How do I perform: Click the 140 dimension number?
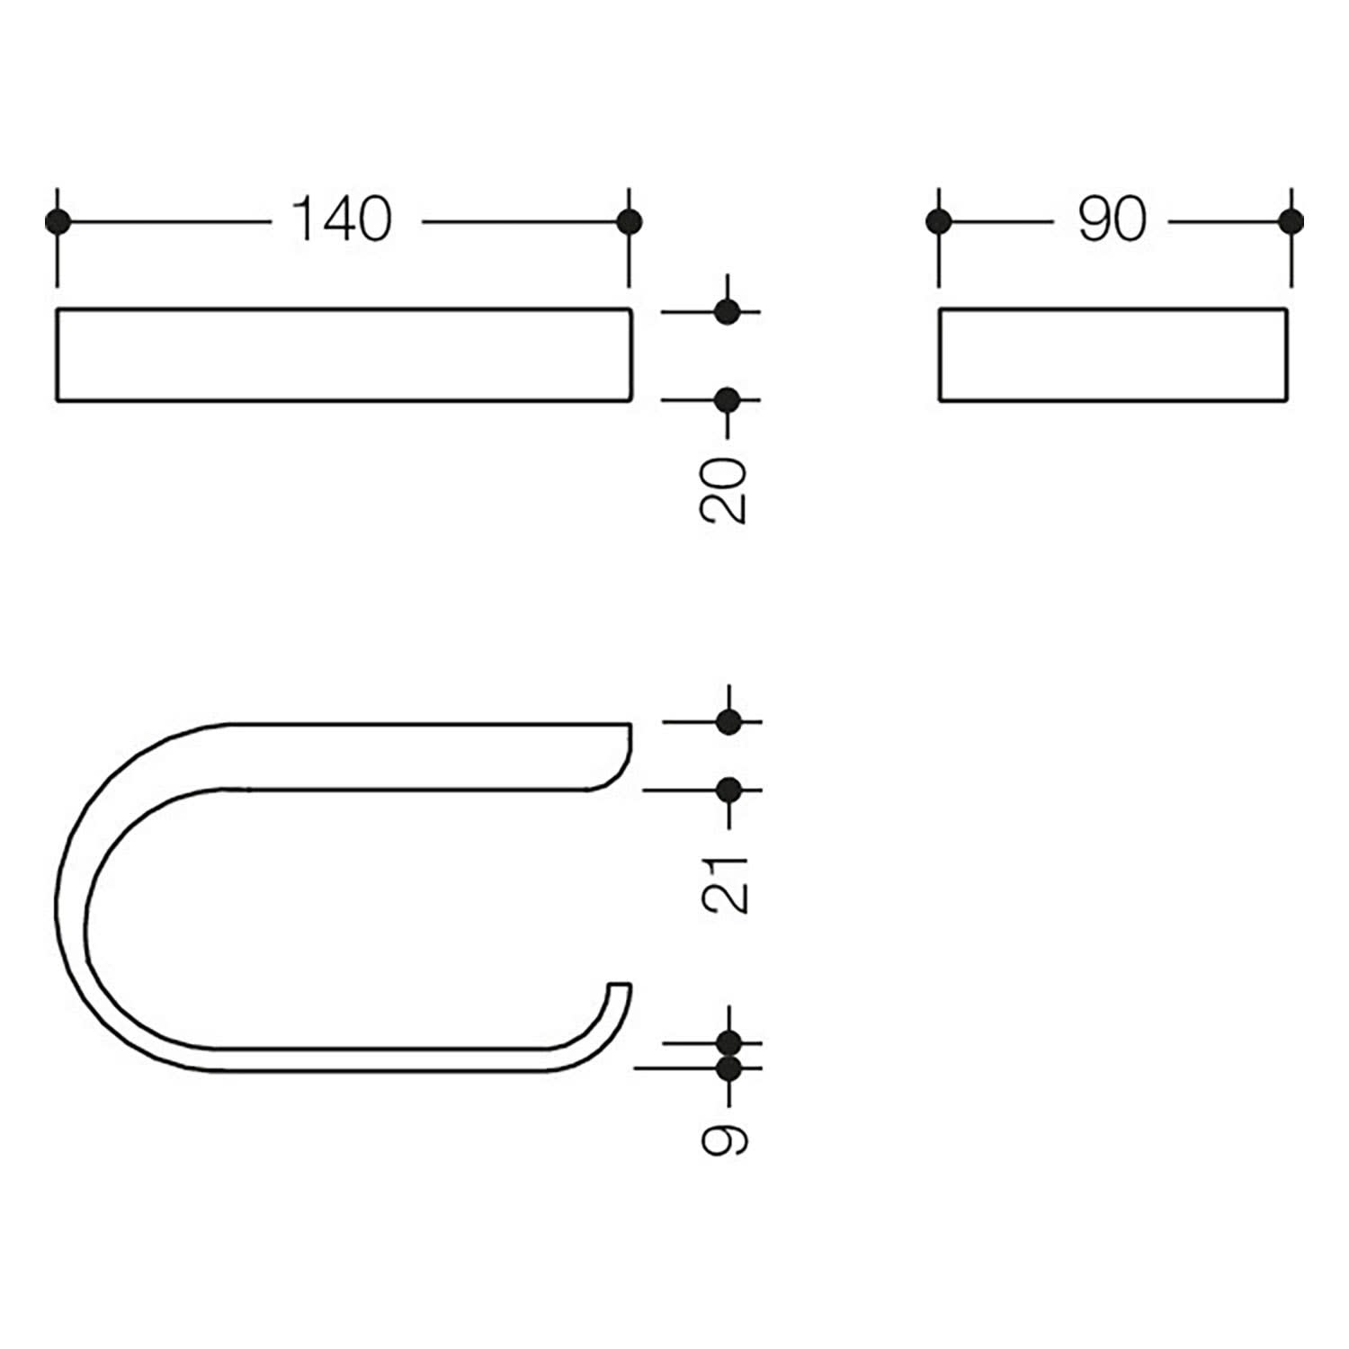(x=343, y=219)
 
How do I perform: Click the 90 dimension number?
(x=1112, y=219)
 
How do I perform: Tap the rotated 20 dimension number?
(x=723, y=490)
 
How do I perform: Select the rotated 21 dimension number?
(x=725, y=885)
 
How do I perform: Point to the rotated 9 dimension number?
(x=725, y=1139)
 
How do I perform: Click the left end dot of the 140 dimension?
(x=58, y=221)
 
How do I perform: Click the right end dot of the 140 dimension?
(x=629, y=221)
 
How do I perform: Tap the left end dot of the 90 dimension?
(x=939, y=221)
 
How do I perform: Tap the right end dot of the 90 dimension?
(x=1291, y=221)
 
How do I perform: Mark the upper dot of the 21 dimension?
(x=728, y=721)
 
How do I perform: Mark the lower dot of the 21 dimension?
(x=728, y=791)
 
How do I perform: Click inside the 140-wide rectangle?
(x=344, y=354)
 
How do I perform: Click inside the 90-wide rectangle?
(x=1113, y=354)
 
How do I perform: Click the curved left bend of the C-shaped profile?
(x=70, y=899)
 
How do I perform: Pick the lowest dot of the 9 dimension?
(x=729, y=1069)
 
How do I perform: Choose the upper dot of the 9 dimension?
(x=729, y=1044)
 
